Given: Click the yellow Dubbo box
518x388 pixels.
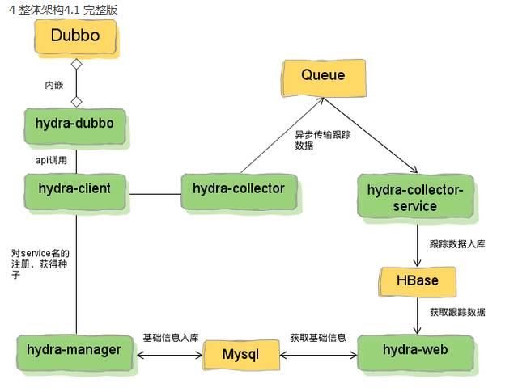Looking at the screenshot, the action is point(75,36).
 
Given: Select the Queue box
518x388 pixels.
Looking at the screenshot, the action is point(324,78).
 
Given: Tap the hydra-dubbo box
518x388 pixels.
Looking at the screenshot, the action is point(75,126).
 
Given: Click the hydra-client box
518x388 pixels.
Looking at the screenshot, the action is point(75,192).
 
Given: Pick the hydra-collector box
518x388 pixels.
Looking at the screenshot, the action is point(239,192).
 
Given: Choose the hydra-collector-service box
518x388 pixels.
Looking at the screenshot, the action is point(415,196).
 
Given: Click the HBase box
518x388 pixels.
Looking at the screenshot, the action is point(418,282).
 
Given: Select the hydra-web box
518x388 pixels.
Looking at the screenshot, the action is point(415,352).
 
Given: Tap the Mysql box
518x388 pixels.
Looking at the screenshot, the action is point(241,355).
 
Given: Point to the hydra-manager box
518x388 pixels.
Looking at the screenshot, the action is point(75,352).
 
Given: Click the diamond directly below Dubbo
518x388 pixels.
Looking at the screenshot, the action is point(77,65).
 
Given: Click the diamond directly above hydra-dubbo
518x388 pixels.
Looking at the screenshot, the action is point(77,102).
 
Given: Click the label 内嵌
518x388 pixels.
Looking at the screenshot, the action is point(54,85).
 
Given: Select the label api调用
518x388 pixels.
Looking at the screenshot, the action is point(51,160).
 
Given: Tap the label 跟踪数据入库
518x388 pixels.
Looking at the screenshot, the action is point(457,244).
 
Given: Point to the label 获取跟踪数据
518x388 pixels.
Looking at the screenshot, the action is point(457,312).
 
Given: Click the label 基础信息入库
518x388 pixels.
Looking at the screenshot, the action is point(171,338).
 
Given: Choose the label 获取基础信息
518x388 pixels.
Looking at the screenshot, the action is point(318,338).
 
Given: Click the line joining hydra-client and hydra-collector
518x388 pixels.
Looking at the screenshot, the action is point(155,194).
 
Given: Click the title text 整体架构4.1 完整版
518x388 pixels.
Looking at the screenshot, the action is point(67,10).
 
